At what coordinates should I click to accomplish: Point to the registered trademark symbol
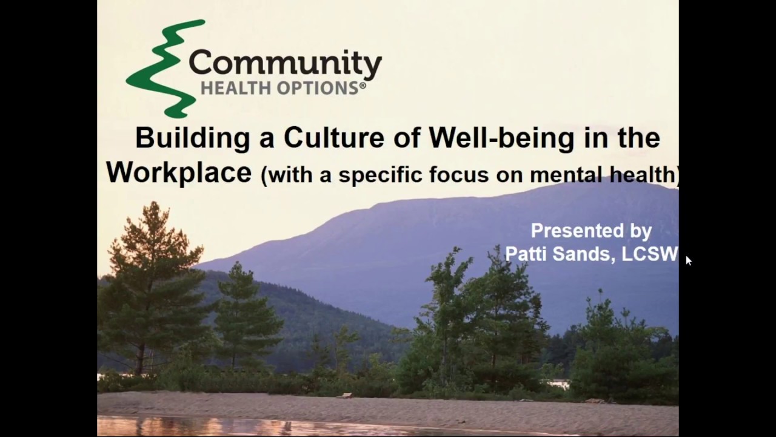[x=363, y=86]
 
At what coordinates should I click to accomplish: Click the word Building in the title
[x=192, y=138]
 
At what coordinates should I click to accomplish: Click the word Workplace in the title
[x=179, y=172]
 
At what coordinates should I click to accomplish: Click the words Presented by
[x=591, y=231]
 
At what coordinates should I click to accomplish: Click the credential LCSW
[x=649, y=254]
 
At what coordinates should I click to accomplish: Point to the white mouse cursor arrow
[x=688, y=260]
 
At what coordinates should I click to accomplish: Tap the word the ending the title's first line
[x=638, y=138]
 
